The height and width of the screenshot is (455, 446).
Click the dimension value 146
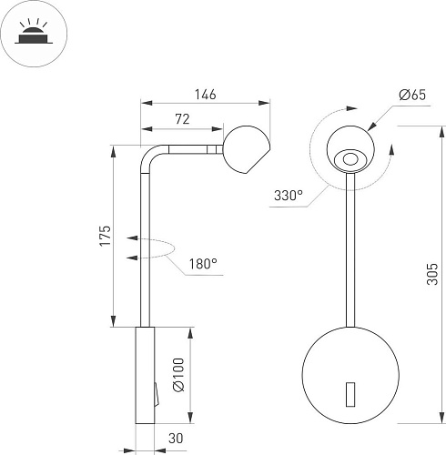[x=205, y=94]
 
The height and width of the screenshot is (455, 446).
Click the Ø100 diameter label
[x=178, y=374]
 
